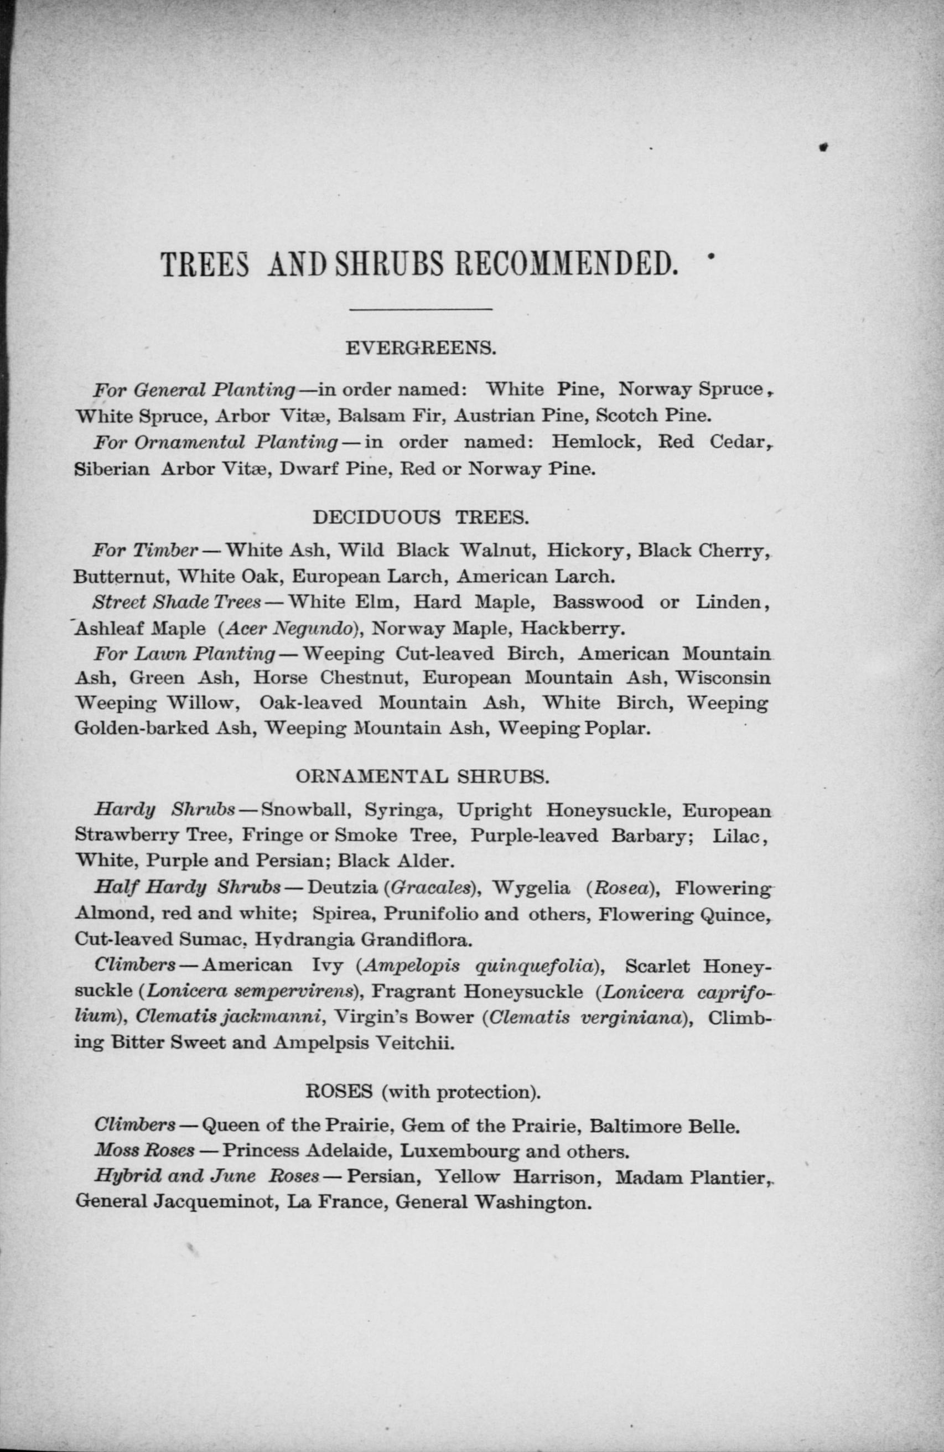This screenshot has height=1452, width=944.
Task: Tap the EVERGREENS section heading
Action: (x=422, y=349)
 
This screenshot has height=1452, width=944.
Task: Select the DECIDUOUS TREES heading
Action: (x=421, y=517)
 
